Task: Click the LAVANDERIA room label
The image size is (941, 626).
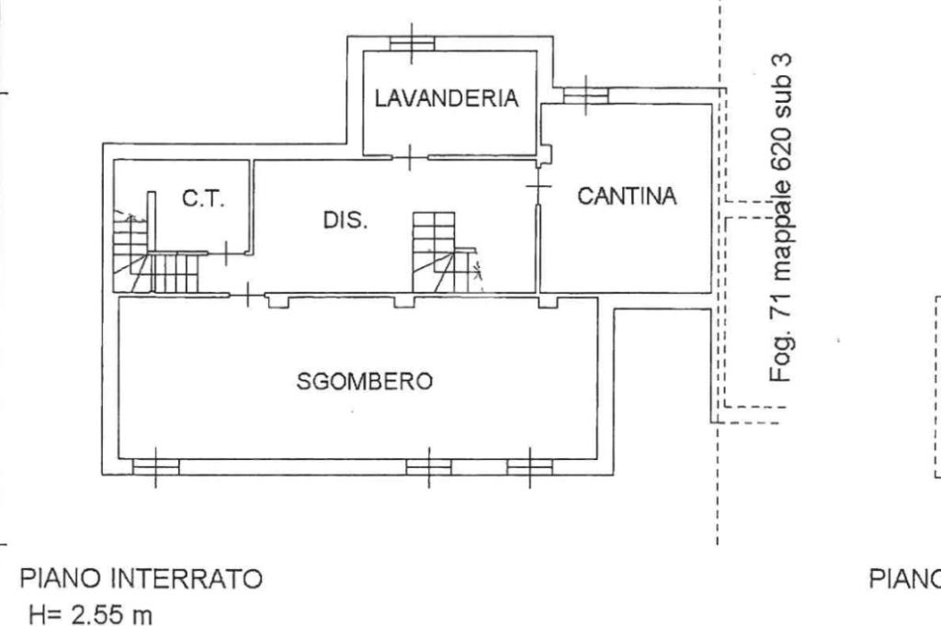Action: (446, 98)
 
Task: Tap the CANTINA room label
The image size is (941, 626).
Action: (627, 196)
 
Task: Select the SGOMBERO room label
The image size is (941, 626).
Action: (365, 381)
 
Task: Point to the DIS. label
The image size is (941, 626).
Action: (345, 221)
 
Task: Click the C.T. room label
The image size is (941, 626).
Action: (202, 199)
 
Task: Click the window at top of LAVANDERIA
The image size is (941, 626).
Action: (411, 42)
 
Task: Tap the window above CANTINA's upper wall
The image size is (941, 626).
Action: (585, 95)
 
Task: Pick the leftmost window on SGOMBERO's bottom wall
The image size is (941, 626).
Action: (155, 467)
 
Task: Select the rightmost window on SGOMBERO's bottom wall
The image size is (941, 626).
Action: (530, 467)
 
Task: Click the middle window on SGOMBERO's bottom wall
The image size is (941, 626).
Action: (429, 467)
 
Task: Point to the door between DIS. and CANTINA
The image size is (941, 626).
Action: (538, 187)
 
